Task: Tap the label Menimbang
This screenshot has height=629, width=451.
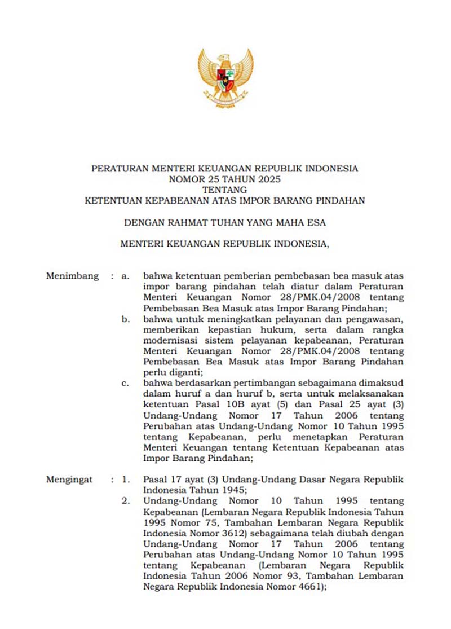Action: pos(72,276)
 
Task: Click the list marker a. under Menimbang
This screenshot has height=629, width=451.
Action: pos(126,276)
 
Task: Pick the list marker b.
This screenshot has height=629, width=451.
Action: pos(126,319)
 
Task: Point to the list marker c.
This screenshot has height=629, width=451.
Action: pos(126,383)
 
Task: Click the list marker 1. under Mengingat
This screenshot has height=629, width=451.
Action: pos(126,480)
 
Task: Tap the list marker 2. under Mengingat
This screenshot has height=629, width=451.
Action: pos(126,500)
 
